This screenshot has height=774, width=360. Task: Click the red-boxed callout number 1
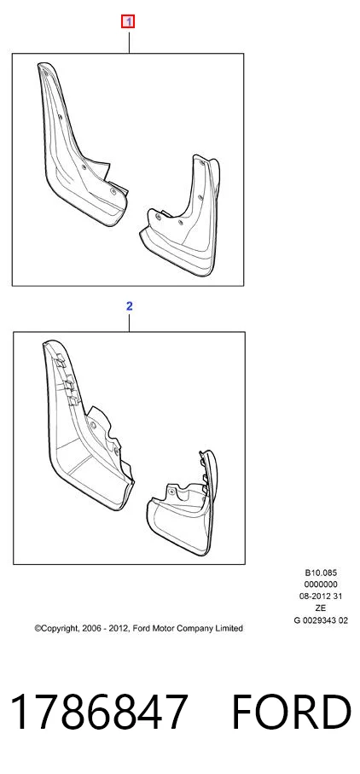tap(128, 21)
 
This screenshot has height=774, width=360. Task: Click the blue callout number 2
tap(129, 306)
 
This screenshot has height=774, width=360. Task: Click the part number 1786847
tap(99, 713)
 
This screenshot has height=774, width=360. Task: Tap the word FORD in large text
tap(291, 713)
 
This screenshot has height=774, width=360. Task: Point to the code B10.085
tap(321, 573)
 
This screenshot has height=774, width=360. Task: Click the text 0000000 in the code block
tap(321, 585)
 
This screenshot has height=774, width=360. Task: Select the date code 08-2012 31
tap(321, 597)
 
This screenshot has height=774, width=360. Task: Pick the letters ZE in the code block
tap(321, 608)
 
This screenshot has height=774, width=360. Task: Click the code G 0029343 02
tap(321, 620)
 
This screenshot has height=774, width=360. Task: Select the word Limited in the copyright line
tap(229, 628)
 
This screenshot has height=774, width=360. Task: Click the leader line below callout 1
tap(129, 40)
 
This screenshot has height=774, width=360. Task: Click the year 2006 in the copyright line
tap(90, 628)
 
